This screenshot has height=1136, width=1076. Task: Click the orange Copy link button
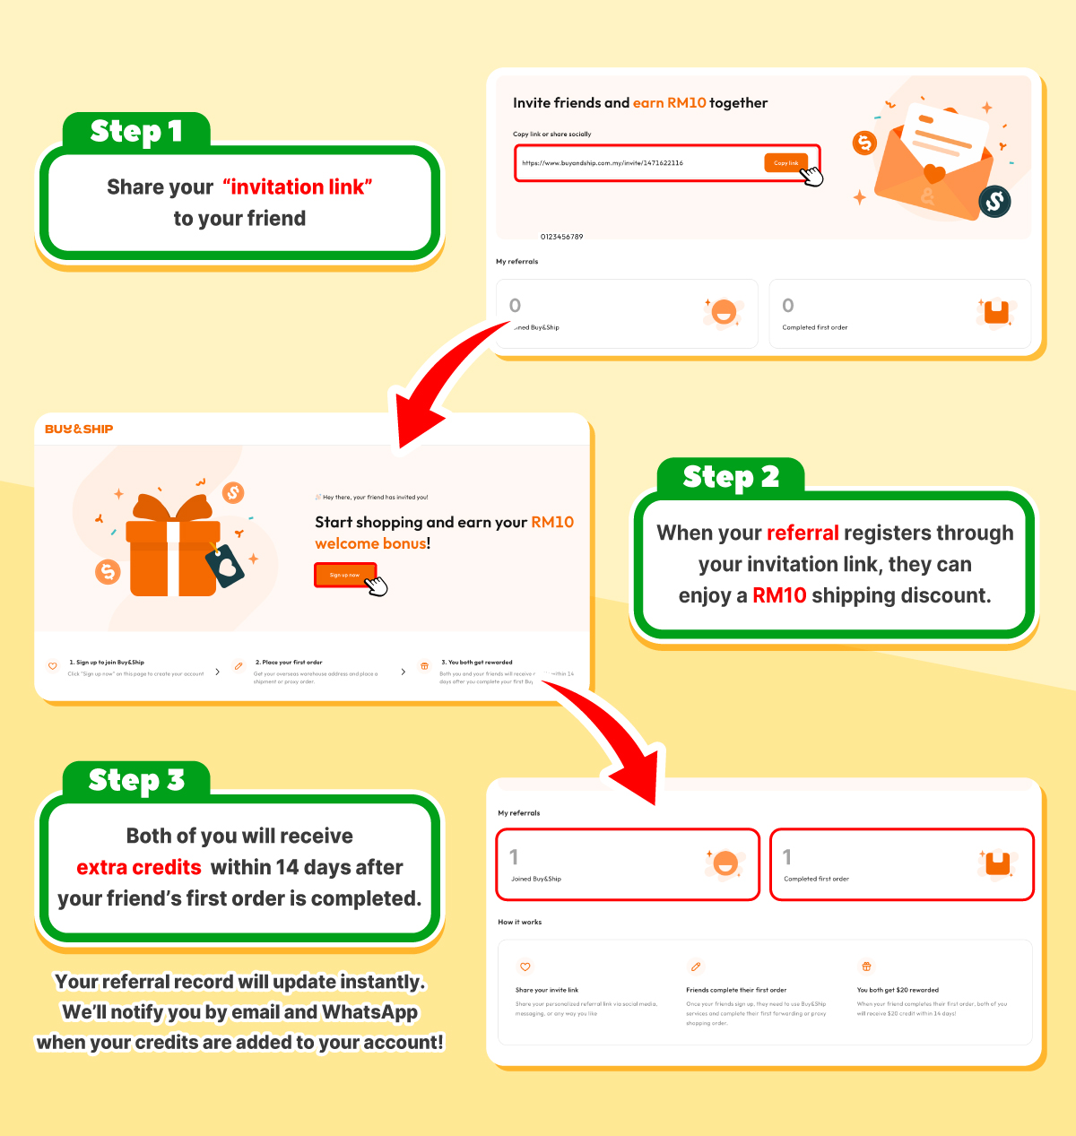click(785, 163)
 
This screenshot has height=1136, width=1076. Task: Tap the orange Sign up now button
click(344, 575)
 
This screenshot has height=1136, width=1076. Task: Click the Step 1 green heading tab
click(136, 132)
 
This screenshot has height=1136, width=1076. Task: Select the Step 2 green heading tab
click(731, 477)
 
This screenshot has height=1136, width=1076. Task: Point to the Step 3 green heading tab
click(136, 780)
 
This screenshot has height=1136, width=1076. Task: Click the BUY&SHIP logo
click(79, 429)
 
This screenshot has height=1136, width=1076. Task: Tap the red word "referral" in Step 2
click(803, 533)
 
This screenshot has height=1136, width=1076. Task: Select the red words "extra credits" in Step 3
click(139, 867)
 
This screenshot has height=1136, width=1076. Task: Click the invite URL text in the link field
click(603, 163)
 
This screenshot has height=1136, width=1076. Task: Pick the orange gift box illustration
click(173, 549)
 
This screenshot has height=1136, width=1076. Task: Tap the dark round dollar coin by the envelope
click(994, 202)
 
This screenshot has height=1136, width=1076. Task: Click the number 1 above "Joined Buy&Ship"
click(514, 857)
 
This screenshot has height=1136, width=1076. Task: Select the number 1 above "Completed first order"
click(787, 857)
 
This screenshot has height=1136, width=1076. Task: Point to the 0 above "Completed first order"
click(788, 306)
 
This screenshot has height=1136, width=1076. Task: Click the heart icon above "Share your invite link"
click(525, 967)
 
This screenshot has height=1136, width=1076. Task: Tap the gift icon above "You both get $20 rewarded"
click(866, 967)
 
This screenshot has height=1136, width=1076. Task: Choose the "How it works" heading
click(520, 922)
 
